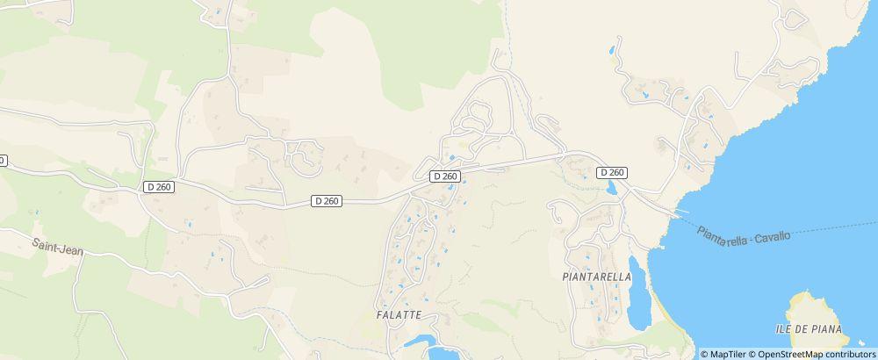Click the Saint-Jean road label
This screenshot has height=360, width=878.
pyautogui.click(x=58, y=250)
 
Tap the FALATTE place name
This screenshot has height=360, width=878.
pyautogui.click(x=399, y=314)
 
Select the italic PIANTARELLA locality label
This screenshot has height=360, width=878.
pyautogui.click(x=597, y=276)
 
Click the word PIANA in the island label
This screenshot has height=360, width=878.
pyautogui.click(x=824, y=329)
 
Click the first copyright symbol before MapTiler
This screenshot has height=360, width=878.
pyautogui.click(x=704, y=354)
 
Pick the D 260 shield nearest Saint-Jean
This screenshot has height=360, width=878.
pyautogui.click(x=160, y=186)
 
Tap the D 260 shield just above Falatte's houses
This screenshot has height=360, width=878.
pyautogui.click(x=445, y=176)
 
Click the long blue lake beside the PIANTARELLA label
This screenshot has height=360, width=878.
pyautogui.click(x=637, y=290)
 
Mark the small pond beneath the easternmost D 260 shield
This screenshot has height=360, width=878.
pyautogui.click(x=613, y=188)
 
